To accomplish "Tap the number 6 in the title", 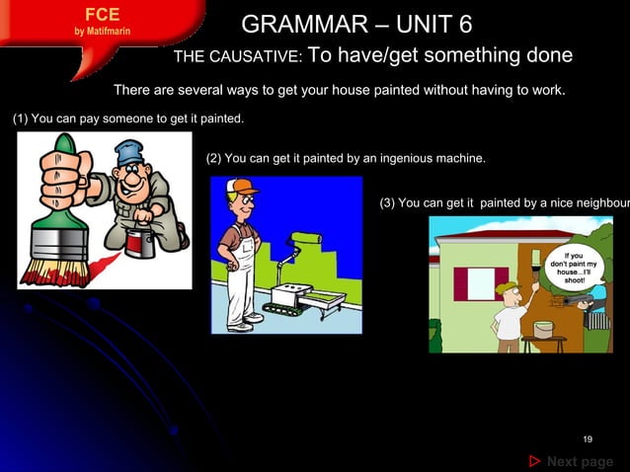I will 461,24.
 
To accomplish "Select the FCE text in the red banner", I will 103,15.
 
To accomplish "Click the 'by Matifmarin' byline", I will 103,31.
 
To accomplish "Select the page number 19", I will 588,438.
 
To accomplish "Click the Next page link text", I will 580,461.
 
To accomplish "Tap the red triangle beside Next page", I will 534,461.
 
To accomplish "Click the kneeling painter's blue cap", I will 129,152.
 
